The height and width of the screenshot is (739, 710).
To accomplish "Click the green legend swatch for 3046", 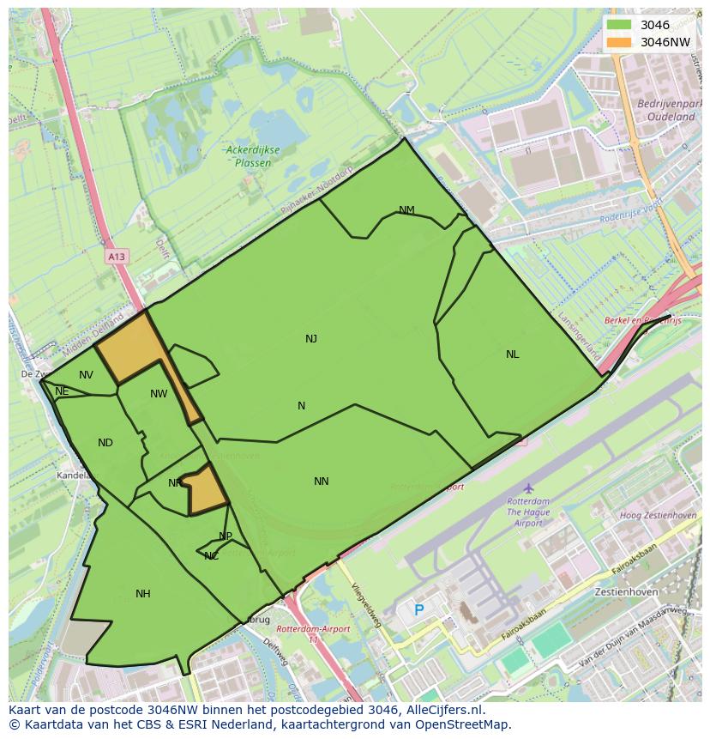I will (618, 25).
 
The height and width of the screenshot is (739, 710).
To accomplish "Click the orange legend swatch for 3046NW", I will (618, 42).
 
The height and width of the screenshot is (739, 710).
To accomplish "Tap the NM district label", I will (406, 210).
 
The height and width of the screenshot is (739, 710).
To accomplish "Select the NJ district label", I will (311, 339).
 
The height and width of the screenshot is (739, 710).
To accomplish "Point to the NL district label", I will (512, 354).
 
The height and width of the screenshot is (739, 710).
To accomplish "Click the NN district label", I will (322, 482).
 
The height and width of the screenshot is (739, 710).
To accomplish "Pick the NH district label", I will (143, 594).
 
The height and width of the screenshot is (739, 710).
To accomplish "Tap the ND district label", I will (105, 443).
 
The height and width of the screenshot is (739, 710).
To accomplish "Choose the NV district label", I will (86, 375).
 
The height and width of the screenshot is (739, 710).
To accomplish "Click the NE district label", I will (62, 391).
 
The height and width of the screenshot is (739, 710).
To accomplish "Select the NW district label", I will (159, 394).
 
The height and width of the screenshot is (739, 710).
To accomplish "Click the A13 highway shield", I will (117, 257).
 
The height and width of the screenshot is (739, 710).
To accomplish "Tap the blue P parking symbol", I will (418, 610).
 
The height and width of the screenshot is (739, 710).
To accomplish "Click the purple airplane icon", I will (528, 488).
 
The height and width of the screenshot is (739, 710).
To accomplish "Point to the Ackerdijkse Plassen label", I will (252, 156).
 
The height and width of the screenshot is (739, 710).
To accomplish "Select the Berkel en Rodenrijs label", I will (642, 320).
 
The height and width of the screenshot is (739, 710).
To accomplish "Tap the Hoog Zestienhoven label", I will (658, 515).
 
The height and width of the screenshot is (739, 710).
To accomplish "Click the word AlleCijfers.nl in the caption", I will (442, 710).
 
